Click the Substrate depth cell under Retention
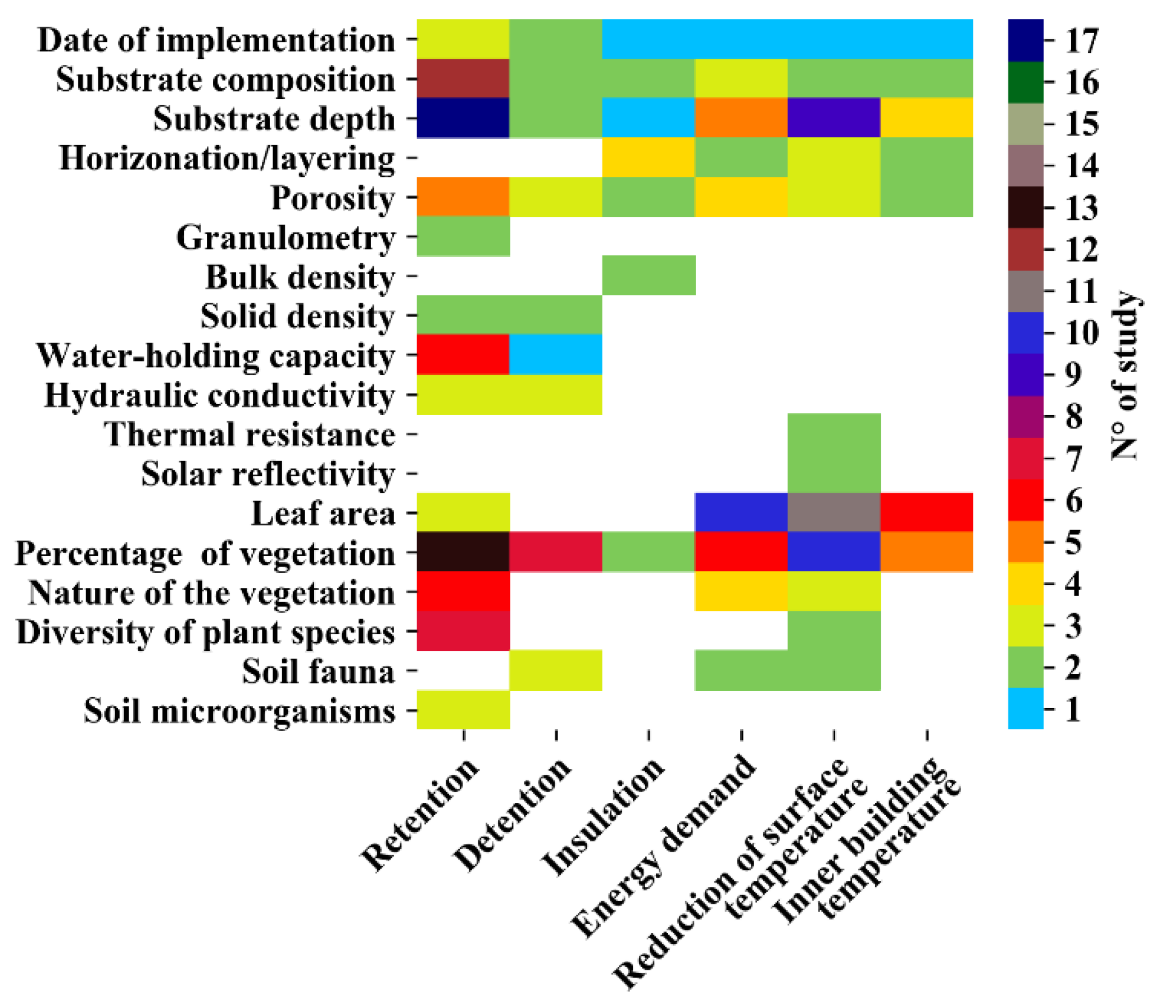coord(463,117)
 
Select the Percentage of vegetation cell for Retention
coord(463,552)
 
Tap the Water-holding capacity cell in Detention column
coord(555,354)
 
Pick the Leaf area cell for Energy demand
coord(741,512)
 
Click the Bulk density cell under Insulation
coord(649,275)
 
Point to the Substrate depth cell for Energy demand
coord(741,117)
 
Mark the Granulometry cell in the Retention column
coord(463,236)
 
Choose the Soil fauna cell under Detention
coord(555,670)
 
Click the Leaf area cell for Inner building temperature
coord(927,512)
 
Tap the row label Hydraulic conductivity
coord(219,395)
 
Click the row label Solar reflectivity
coord(268,474)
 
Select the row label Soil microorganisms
coord(239,711)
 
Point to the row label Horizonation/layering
coord(227,159)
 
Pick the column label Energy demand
coord(664,847)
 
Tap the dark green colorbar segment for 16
coord(1026,82)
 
